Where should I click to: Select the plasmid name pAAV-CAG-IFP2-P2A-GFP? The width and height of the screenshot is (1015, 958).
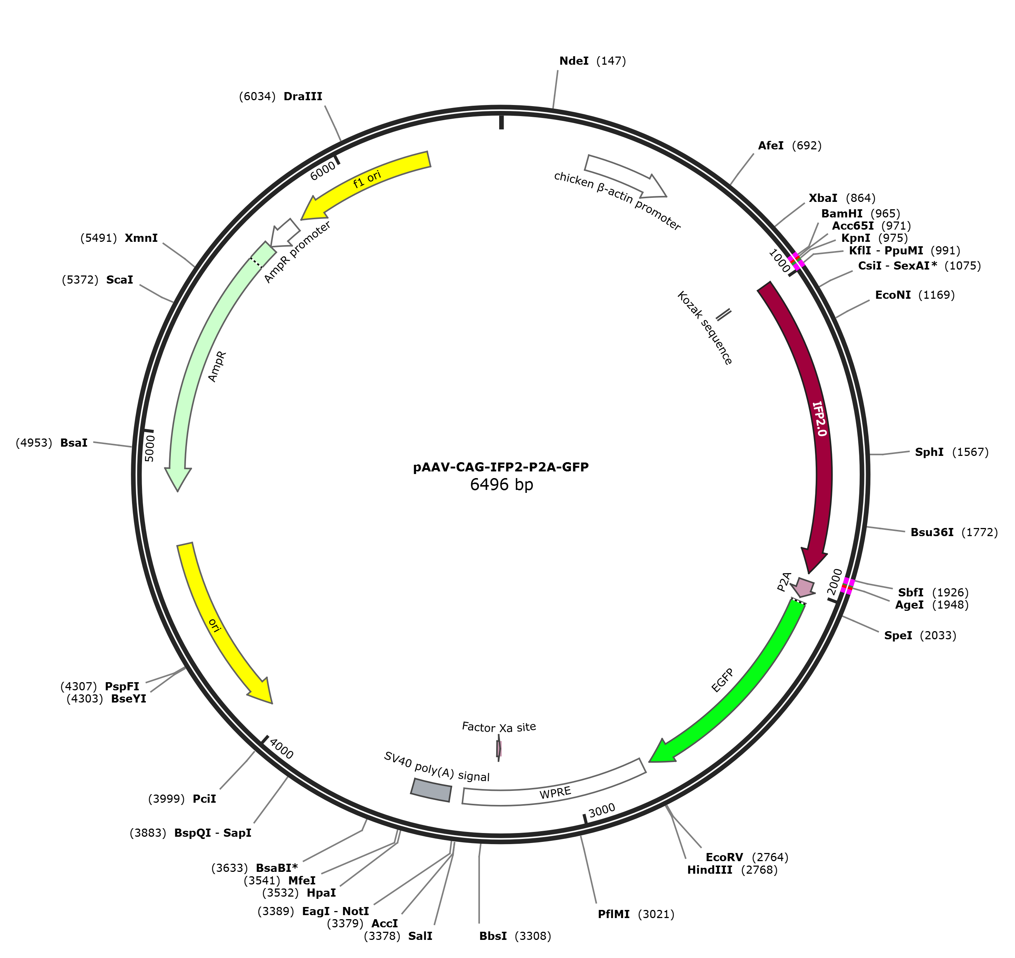501,467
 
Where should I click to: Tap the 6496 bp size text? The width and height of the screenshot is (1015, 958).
501,484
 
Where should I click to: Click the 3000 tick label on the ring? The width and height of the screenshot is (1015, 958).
602,810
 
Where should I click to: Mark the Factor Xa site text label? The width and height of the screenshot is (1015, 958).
499,727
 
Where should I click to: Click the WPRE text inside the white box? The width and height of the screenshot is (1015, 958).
555,793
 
